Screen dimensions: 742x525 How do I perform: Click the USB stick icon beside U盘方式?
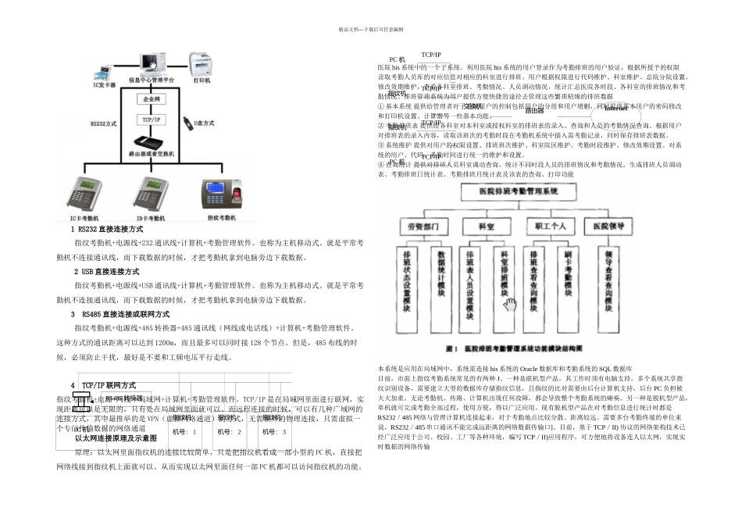(x=188, y=123)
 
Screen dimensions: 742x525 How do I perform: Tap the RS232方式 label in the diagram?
(x=104, y=123)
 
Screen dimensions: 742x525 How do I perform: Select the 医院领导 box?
(x=601, y=225)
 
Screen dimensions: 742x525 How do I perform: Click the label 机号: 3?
(x=274, y=431)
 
